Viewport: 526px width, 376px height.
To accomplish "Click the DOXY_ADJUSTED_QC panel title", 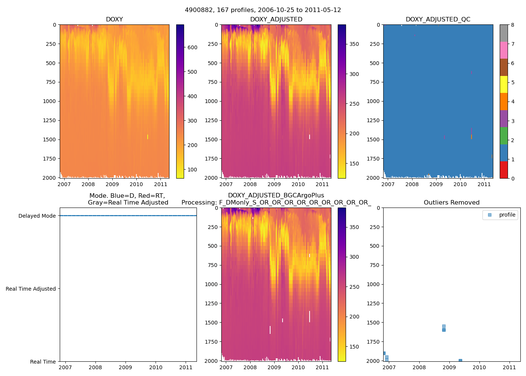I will point(438,20).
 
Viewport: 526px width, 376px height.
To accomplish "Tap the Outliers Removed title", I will point(452,203).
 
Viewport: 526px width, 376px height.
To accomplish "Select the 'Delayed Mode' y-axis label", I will point(37,216).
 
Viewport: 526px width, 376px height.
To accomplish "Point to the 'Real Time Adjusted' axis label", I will point(31,289).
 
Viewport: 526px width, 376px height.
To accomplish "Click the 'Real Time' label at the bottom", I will point(43,362).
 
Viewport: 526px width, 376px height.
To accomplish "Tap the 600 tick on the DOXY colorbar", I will point(192,47).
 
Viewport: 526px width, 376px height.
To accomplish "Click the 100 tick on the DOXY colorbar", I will point(192,170).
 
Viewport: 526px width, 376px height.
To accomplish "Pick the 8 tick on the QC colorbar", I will point(513,25).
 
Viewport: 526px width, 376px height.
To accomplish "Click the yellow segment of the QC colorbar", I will point(504,84).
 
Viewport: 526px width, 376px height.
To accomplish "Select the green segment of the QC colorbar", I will point(504,136).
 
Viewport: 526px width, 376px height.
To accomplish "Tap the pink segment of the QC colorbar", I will point(504,50).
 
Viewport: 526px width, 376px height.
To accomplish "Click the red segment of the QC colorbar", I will point(504,170).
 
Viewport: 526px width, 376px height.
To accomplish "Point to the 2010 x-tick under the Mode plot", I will point(156,368).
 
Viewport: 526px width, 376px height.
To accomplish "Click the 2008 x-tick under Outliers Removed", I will point(419,368).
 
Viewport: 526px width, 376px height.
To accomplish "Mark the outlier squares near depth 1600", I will point(444,328).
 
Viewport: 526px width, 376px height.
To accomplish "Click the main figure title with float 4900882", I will point(263,10).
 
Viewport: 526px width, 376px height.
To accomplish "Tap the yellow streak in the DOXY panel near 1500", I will point(148,137).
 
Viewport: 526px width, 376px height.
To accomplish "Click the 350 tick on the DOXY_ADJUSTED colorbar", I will point(354,44).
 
